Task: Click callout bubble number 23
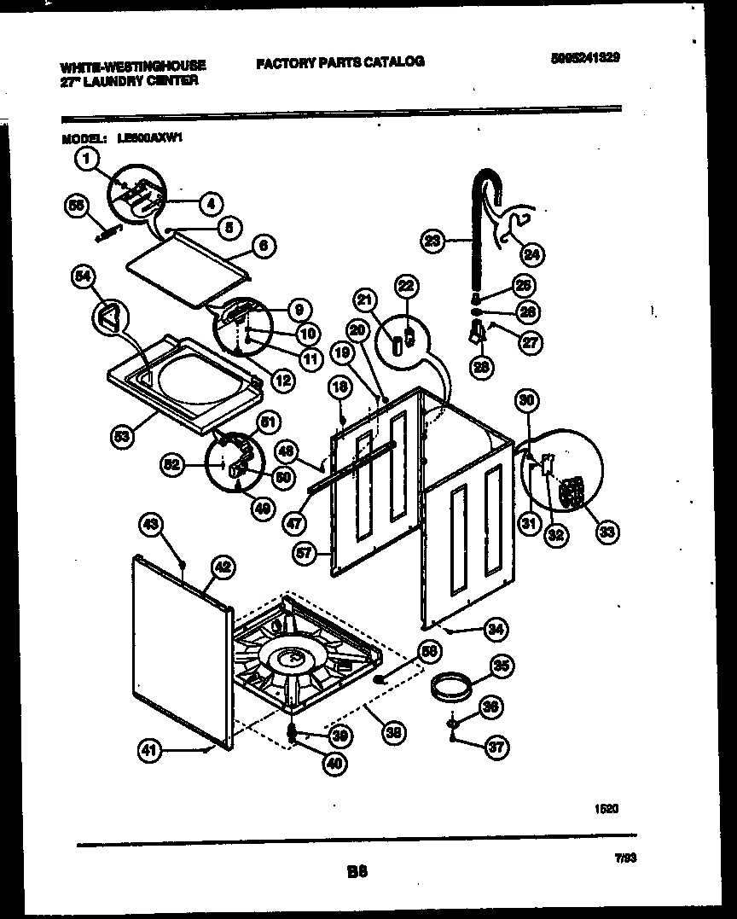(x=432, y=242)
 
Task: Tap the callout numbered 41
(x=149, y=751)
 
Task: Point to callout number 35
(x=502, y=666)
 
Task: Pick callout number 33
(x=607, y=532)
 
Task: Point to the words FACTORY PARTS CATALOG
(x=339, y=61)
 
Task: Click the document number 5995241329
(x=585, y=57)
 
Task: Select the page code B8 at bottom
(x=357, y=872)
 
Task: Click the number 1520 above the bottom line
(x=606, y=806)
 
